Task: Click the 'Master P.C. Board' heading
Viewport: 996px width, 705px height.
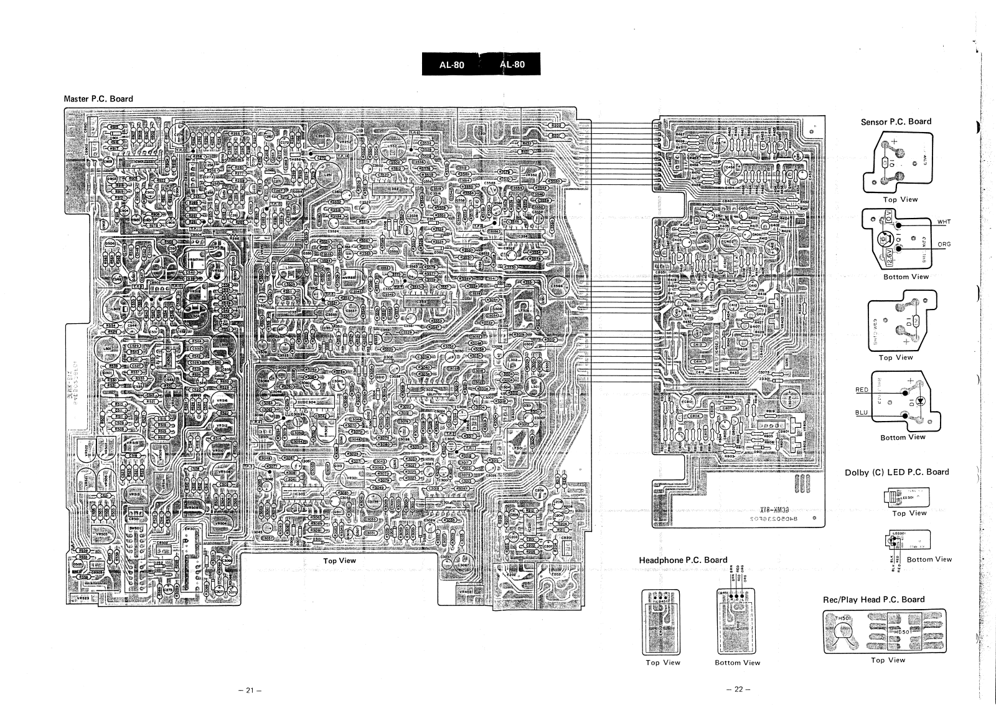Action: (98, 98)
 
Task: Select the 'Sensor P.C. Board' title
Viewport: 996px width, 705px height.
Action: (896, 121)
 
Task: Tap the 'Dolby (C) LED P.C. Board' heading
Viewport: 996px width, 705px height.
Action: (896, 472)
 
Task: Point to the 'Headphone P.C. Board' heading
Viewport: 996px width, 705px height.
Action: (683, 560)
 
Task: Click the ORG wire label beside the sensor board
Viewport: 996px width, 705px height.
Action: (944, 244)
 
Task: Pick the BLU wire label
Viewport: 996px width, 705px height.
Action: (862, 412)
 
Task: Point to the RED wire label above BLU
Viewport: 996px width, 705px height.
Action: (862, 390)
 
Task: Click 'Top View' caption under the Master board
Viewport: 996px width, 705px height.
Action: (339, 561)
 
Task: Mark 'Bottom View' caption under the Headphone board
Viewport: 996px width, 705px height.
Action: (737, 663)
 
